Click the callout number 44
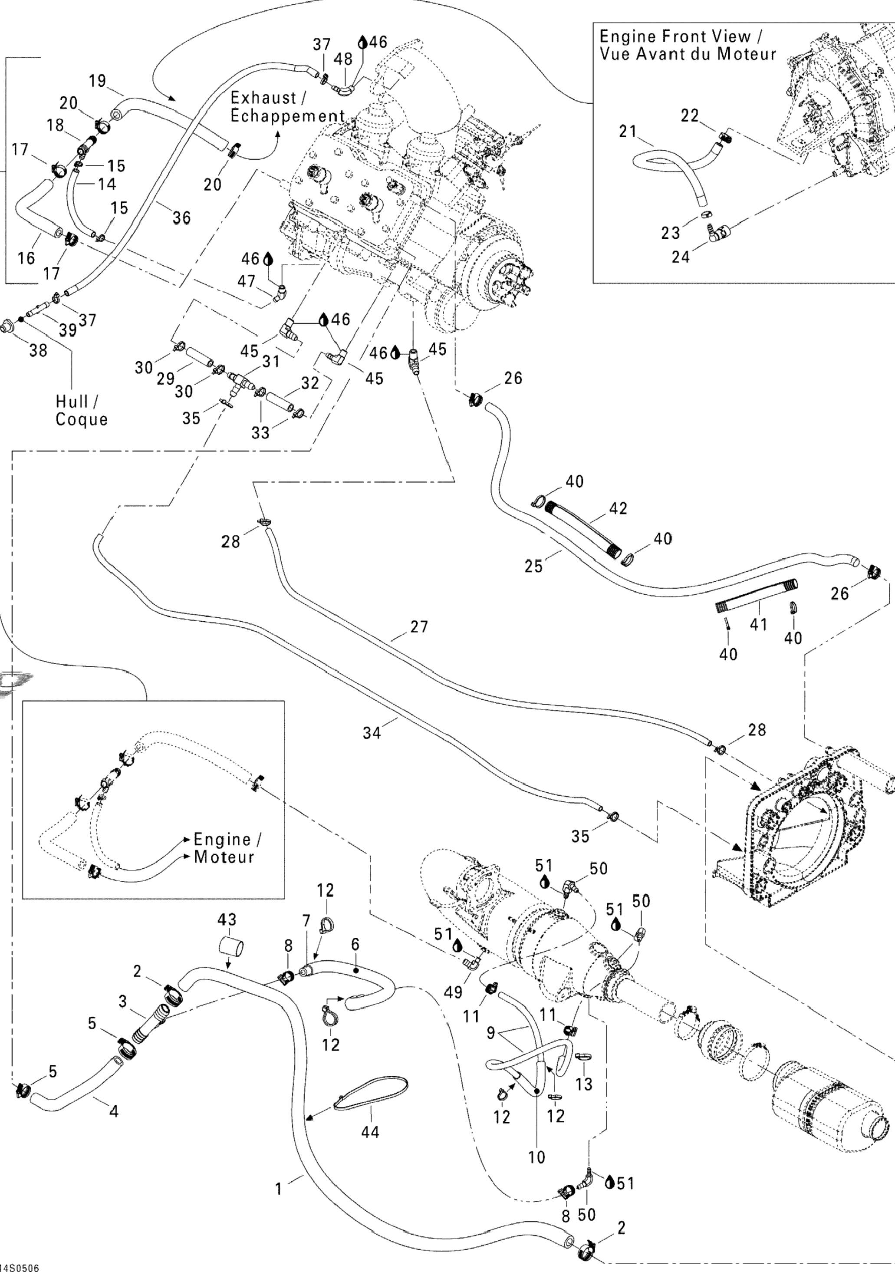click(370, 1131)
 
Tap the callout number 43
click(227, 919)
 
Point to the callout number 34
click(372, 732)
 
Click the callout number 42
click(618, 508)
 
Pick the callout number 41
click(758, 624)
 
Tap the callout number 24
click(681, 257)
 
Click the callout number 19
click(98, 81)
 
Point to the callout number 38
click(38, 350)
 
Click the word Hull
click(72, 401)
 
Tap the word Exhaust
click(263, 98)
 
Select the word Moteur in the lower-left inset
click(224, 857)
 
